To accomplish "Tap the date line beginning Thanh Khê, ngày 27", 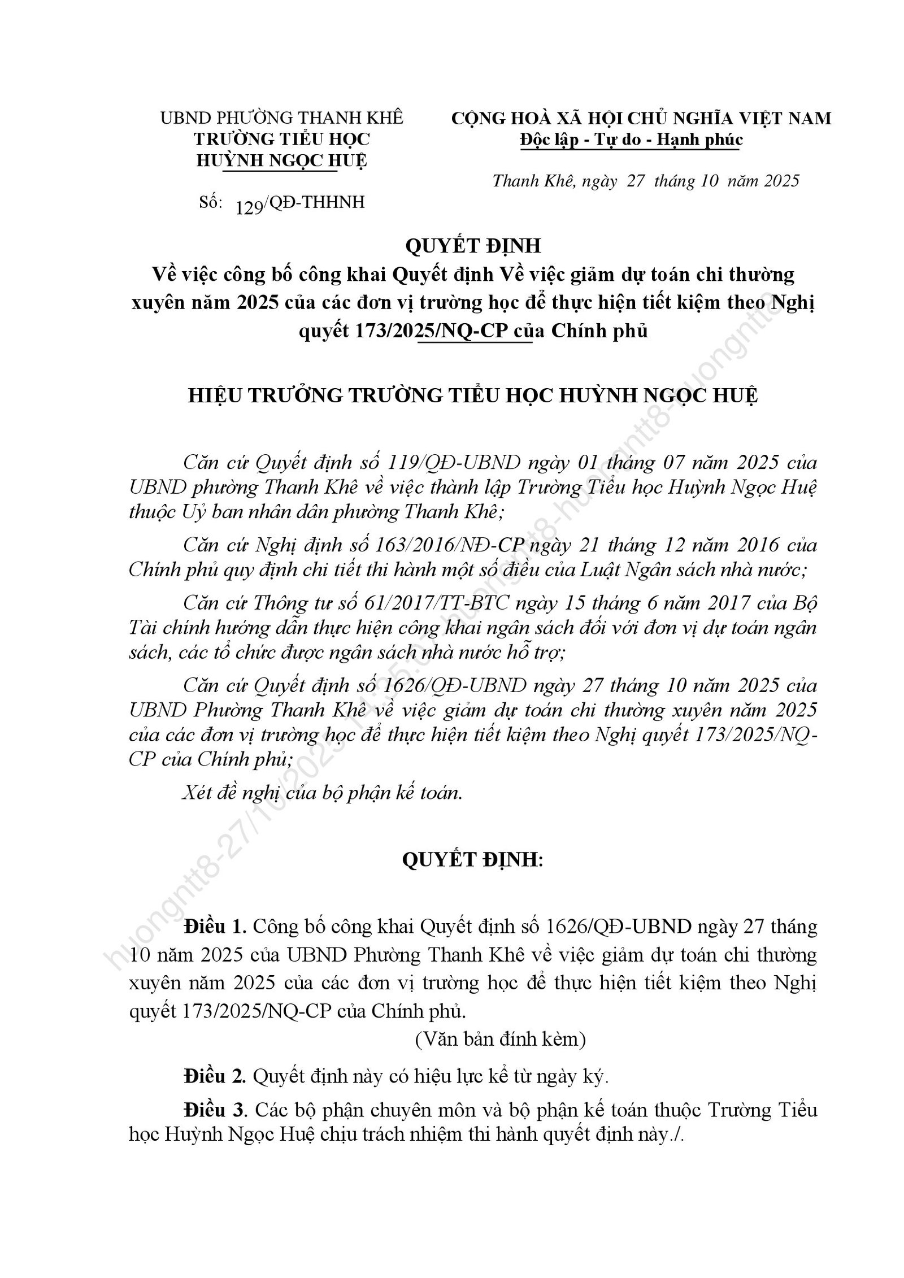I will coord(646,181).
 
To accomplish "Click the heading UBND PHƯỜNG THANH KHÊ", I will coord(282,118).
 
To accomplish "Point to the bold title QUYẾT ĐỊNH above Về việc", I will coord(473,246).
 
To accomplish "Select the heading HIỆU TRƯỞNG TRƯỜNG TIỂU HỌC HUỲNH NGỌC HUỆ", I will coord(473,395).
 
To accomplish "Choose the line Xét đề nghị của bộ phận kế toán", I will coord(323,793).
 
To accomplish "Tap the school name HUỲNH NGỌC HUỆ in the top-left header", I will coord(281,161).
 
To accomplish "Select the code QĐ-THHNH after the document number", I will coord(316,202).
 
